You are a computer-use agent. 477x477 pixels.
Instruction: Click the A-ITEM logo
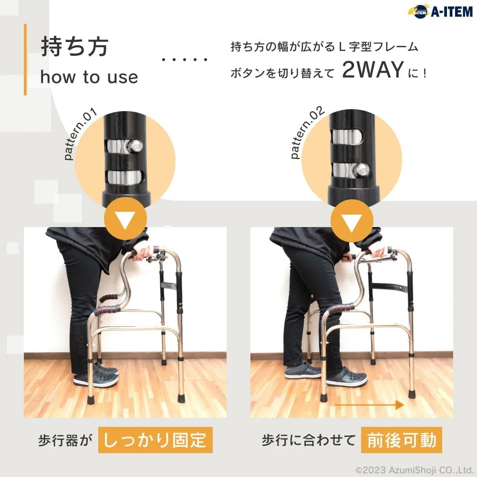point(440,11)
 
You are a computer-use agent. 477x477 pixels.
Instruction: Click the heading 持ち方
point(75,47)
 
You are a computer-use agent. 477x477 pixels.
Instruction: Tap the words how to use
point(89,77)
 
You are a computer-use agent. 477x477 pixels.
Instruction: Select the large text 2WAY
point(373,70)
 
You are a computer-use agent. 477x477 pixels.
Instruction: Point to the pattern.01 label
point(81,134)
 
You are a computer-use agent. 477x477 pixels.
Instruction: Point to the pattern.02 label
point(307,132)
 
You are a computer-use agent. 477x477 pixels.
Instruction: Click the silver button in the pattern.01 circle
point(136,145)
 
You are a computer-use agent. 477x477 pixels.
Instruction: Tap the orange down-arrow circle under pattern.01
point(125,218)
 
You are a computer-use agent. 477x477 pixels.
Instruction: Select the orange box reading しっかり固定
point(155,440)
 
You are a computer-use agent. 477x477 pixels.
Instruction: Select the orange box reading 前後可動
point(402,440)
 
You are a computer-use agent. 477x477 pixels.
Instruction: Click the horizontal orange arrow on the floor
point(369,405)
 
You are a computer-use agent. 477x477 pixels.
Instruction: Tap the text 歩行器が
point(65,440)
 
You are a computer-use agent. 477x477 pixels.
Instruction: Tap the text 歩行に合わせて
point(309,440)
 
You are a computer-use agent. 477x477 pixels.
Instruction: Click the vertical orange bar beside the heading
point(25,59)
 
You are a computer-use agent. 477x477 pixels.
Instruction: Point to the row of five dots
point(185,59)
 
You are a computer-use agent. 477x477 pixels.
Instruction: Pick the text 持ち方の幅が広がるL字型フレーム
point(324,47)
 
